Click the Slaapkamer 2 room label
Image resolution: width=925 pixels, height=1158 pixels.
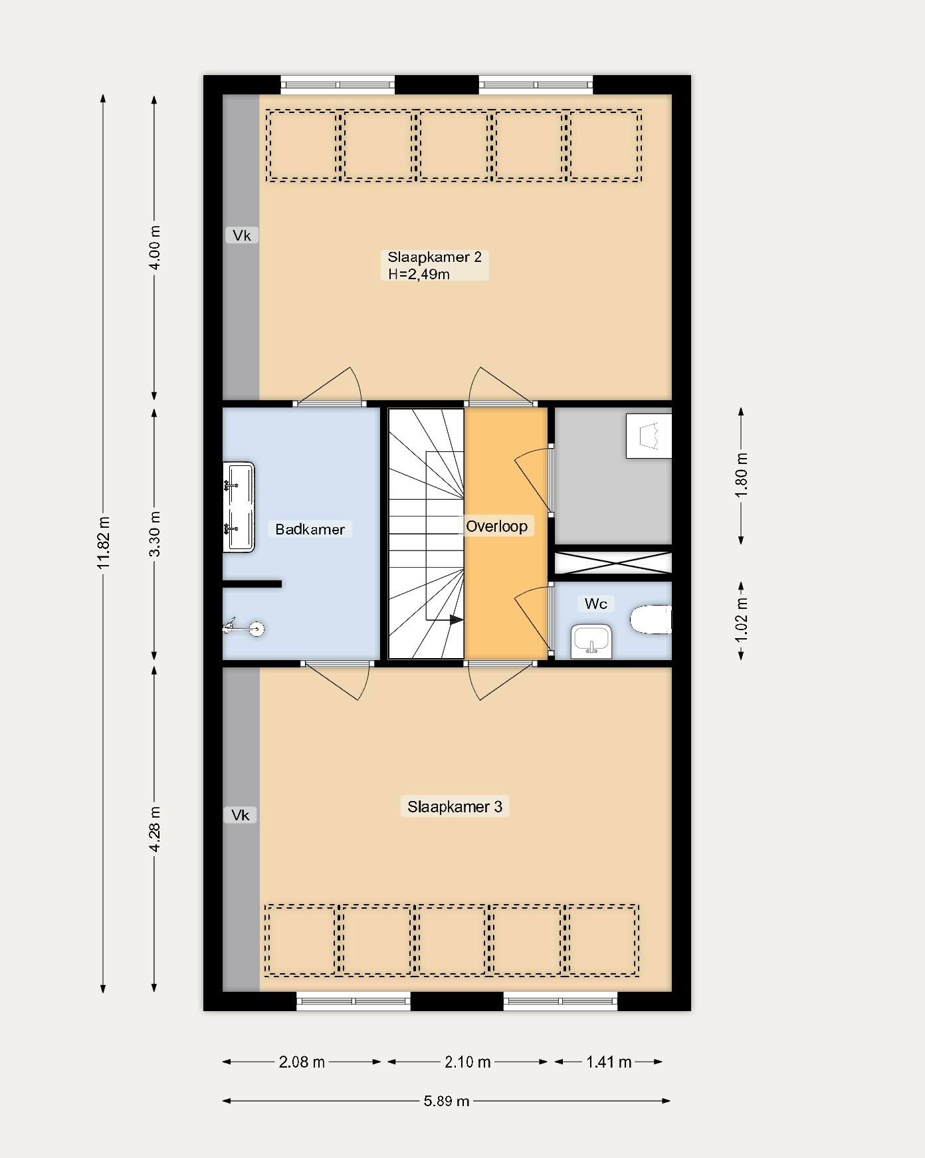pyautogui.click(x=435, y=265)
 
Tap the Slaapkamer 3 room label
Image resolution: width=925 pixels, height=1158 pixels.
pyautogui.click(x=455, y=806)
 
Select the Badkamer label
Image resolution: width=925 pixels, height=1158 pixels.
pyautogui.click(x=310, y=529)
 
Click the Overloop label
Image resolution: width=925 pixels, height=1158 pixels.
pyautogui.click(x=496, y=526)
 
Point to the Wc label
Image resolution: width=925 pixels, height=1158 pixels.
pyautogui.click(x=595, y=604)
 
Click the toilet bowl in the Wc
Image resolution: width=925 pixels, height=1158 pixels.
pyautogui.click(x=651, y=619)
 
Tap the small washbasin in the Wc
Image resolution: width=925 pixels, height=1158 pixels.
pyautogui.click(x=591, y=640)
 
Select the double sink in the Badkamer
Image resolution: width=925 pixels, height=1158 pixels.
pyautogui.click(x=239, y=507)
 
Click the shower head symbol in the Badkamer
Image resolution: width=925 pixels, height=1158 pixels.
pyautogui.click(x=243, y=628)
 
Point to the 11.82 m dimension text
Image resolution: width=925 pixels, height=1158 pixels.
pyautogui.click(x=103, y=542)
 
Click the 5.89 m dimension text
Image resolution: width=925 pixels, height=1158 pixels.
pyautogui.click(x=447, y=1101)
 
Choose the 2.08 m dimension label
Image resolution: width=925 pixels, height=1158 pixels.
pyautogui.click(x=302, y=1062)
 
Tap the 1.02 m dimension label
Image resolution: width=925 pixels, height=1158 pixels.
pyautogui.click(x=742, y=619)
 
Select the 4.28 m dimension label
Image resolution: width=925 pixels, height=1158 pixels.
pyautogui.click(x=154, y=829)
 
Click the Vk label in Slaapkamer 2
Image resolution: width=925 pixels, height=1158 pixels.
pyautogui.click(x=241, y=235)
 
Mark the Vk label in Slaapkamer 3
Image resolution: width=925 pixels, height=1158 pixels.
pyautogui.click(x=240, y=815)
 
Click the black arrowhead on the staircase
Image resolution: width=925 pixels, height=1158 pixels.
pyautogui.click(x=456, y=620)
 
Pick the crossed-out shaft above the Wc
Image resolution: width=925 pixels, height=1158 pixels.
pyautogui.click(x=613, y=563)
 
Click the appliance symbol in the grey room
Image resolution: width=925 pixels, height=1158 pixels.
pyautogui.click(x=649, y=435)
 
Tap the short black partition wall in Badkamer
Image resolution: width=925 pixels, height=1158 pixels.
pyautogui.click(x=252, y=584)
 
